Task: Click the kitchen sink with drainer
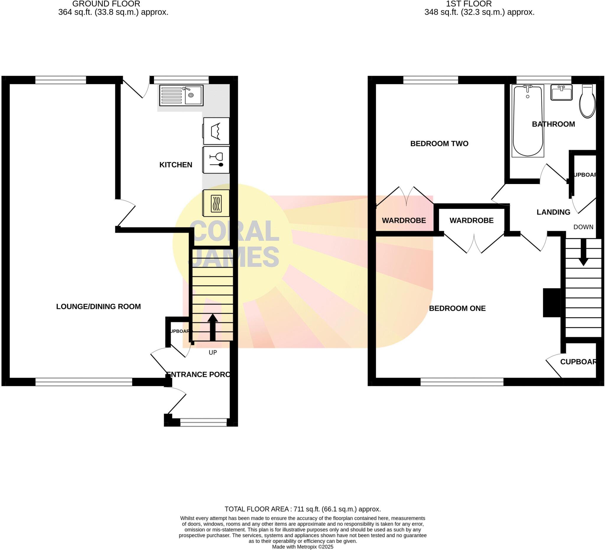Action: (181, 95)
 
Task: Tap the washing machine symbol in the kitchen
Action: (216, 131)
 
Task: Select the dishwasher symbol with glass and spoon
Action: (216, 160)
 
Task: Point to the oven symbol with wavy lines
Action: (216, 204)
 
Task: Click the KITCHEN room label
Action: (175, 165)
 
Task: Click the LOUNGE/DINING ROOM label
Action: (98, 307)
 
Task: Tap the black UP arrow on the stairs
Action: (212, 327)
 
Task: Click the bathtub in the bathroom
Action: (528, 121)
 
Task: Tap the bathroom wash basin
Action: (562, 92)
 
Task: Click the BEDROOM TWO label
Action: (439, 144)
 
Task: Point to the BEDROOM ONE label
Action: (457, 308)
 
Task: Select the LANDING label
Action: (553, 212)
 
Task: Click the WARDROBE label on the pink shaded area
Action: (404, 221)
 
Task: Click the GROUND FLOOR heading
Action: (106, 4)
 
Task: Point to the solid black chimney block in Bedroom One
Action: (552, 303)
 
